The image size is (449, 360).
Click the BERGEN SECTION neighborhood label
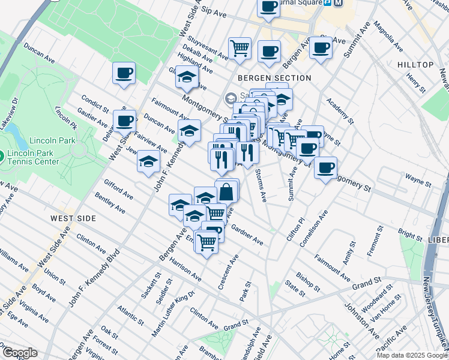tap(274, 78)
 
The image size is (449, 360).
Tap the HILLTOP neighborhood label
tap(415, 65)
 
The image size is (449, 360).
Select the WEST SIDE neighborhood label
tap(73, 218)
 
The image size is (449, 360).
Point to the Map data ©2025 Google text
tap(411, 355)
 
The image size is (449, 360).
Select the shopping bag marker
tap(227, 192)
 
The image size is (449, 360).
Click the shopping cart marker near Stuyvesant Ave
tap(240, 47)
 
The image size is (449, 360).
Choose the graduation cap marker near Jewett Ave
tap(148, 161)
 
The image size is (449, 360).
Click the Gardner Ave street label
tap(247, 236)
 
